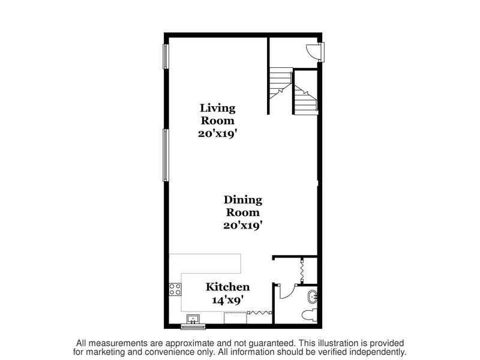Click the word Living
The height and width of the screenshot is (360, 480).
tap(217, 108)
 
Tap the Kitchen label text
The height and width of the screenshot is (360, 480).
tap(228, 287)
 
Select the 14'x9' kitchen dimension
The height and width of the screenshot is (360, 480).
tap(228, 300)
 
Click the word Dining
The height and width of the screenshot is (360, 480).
tap(243, 200)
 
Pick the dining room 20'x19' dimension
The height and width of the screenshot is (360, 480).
tap(243, 226)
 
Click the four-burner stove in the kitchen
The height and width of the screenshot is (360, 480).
tap(175, 290)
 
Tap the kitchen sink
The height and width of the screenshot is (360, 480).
tap(193, 319)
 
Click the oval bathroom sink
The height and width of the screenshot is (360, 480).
tap(312, 296)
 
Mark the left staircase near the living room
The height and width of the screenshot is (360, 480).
tap(280, 84)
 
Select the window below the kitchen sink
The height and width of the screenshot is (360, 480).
tap(193, 327)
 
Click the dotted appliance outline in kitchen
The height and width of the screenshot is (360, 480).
tap(235, 317)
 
